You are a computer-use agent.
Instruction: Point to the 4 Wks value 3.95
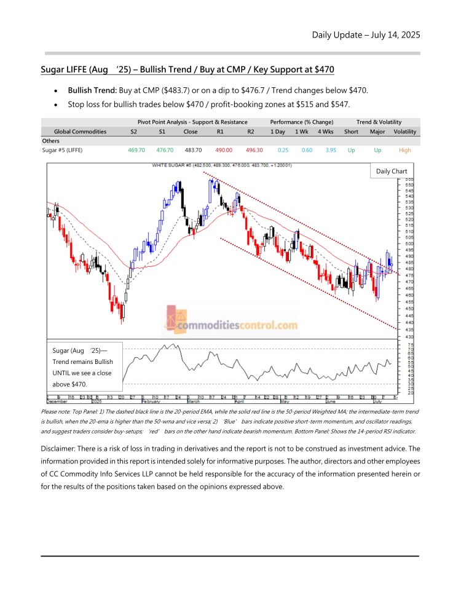point(325,150)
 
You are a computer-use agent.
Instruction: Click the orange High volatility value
point(405,150)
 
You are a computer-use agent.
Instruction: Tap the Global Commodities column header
point(80,132)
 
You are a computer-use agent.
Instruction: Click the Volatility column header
point(405,132)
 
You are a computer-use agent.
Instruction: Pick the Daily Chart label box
point(391,171)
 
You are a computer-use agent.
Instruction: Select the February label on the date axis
point(151,401)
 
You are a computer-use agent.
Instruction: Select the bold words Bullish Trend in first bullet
point(92,90)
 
